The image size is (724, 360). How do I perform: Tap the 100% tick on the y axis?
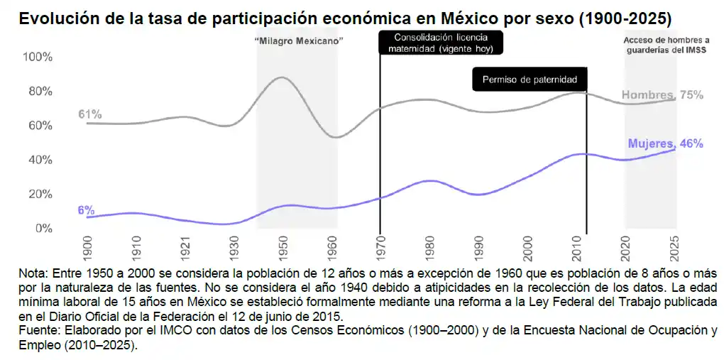[38, 58]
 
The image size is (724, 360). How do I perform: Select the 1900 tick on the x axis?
[87, 248]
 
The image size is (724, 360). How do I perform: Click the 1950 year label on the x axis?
[283, 248]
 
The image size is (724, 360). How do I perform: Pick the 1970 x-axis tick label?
[380, 248]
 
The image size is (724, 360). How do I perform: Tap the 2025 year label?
[674, 248]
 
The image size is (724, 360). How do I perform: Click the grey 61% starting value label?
[90, 114]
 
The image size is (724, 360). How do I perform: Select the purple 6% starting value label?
[87, 209]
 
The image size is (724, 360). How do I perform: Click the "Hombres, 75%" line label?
[662, 95]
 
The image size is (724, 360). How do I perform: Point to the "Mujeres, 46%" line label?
[665, 143]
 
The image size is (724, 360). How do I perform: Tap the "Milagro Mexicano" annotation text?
[300, 40]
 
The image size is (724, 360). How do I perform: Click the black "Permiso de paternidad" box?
[530, 80]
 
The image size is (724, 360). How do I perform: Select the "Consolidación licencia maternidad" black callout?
[441, 43]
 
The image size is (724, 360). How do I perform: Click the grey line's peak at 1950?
[282, 77]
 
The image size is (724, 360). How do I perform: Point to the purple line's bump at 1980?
[430, 180]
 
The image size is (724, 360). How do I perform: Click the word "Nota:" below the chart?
[33, 274]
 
